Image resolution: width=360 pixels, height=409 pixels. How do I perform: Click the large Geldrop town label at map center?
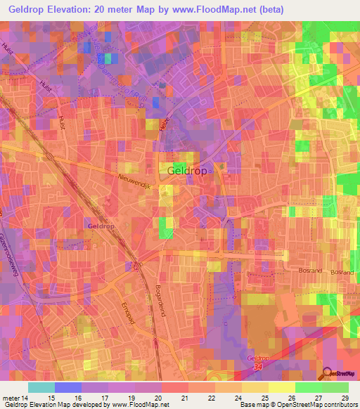pos(188,171)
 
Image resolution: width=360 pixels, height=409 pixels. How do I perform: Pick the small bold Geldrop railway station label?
pos(102,226)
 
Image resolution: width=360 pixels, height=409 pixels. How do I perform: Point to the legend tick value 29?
pos(344,398)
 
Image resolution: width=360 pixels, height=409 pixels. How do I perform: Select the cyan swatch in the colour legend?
pos(41,387)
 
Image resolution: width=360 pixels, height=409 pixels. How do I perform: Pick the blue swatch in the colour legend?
pos(67,387)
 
